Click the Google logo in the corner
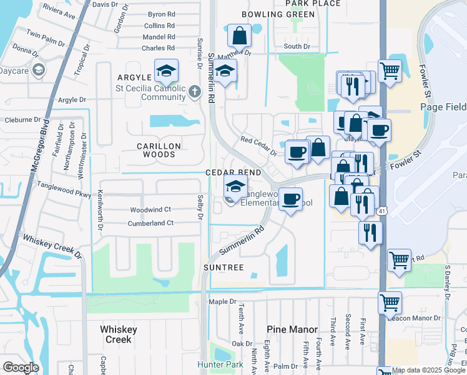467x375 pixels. tap(21, 367)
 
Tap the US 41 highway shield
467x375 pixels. tap(381, 212)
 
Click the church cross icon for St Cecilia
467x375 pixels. tap(195, 92)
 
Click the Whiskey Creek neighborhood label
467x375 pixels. tap(116, 334)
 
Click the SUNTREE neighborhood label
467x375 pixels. tap(223, 267)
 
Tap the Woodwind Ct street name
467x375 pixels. tap(150, 209)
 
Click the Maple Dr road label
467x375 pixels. tap(222, 302)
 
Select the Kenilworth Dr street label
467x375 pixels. tap(99, 207)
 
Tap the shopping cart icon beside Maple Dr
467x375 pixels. tap(390, 303)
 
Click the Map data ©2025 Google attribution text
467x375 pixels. tap(429, 370)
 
